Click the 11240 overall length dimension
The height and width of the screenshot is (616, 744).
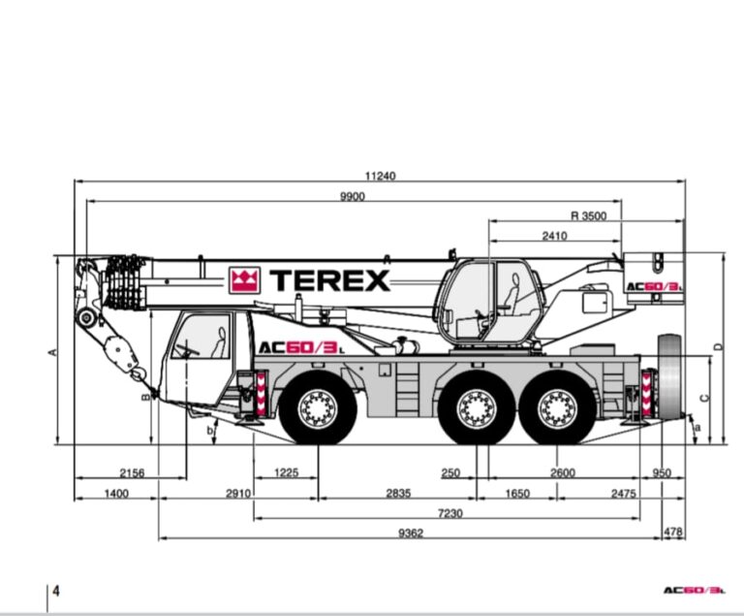coord(380,176)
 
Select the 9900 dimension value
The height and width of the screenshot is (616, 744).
coord(353,196)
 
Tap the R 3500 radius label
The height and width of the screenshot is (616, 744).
coord(588,215)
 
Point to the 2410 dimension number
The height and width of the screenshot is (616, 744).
coord(554,236)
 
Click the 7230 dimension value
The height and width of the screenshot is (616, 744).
coord(449,513)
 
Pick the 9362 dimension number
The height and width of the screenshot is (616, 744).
coord(411,534)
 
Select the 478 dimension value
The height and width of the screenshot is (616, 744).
coord(673,533)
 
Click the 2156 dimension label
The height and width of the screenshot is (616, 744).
coord(132,473)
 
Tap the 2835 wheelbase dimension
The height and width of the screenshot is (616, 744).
coord(398,494)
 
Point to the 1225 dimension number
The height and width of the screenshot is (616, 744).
coord(287,472)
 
